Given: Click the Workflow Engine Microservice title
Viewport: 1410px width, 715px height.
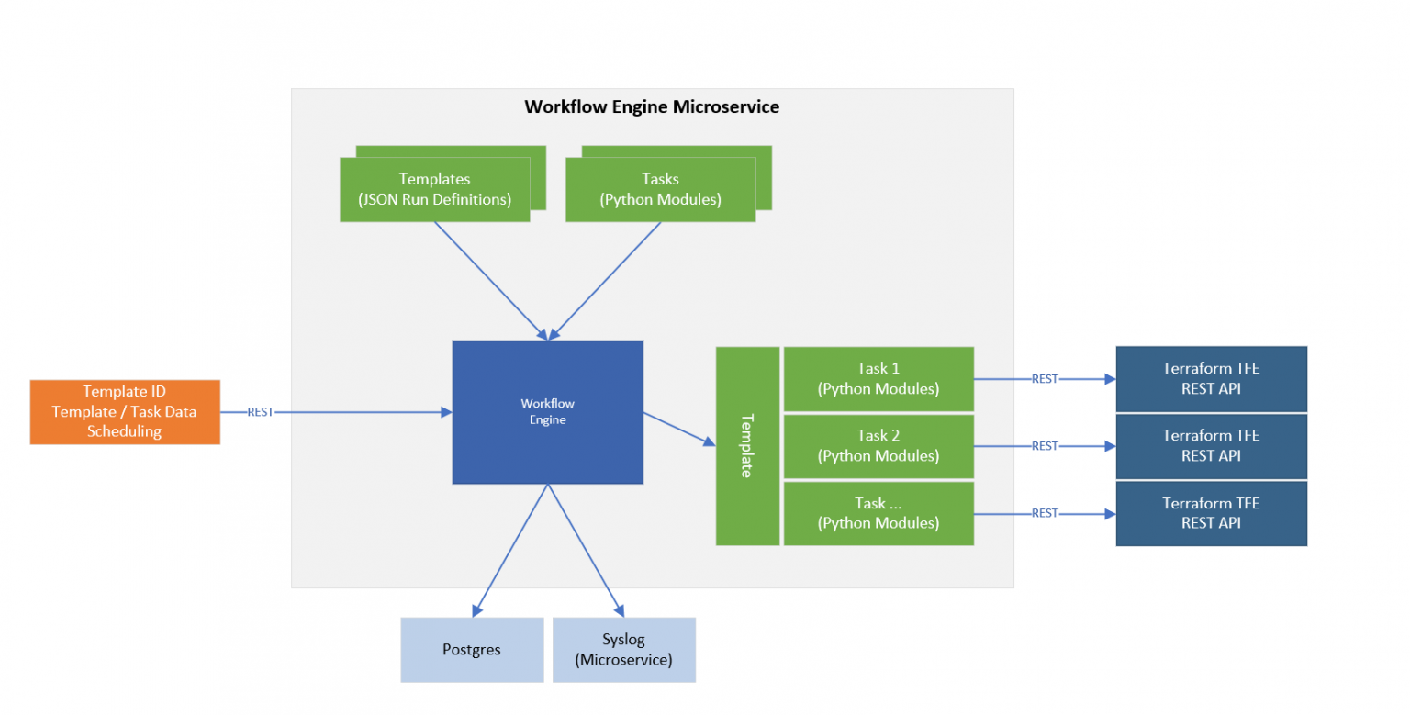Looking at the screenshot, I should (652, 106).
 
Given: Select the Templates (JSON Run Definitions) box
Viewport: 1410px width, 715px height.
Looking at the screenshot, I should (434, 189).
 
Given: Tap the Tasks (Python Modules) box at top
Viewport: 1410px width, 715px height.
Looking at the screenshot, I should (660, 189).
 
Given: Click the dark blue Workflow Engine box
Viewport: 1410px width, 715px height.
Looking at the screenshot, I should (547, 412).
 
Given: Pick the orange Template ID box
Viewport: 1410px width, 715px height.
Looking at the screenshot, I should (125, 412).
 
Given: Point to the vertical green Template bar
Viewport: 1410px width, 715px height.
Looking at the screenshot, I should (747, 446).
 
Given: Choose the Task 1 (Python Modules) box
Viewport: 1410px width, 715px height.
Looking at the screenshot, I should (878, 378).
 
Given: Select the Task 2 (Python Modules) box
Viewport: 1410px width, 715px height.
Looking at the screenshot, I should (878, 446).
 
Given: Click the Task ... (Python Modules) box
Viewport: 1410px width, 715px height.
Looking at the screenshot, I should (878, 513).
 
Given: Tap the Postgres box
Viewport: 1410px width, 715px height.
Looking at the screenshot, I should (472, 650).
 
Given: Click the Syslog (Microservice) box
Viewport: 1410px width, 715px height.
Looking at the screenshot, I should (623, 650).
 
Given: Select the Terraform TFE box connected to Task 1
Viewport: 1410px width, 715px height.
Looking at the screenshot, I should (1211, 378).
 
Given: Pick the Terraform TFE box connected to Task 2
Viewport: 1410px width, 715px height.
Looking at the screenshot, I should (1211, 446).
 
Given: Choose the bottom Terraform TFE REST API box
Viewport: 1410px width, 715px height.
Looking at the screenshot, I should (1211, 513).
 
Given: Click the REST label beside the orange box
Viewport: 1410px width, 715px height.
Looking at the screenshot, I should (261, 412).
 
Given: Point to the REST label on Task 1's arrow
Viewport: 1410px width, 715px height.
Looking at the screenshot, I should (1045, 378).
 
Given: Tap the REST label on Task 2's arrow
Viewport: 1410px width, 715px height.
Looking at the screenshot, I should (1045, 446).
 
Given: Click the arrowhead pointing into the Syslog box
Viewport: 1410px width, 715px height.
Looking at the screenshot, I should (621, 610).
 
